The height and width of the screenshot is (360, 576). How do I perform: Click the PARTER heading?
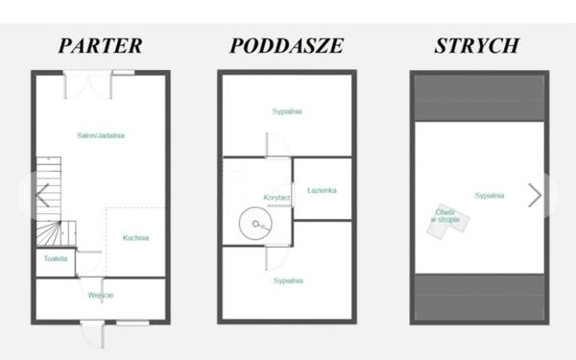pos(100,46)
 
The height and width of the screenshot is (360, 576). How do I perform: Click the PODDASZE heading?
pos(286,46)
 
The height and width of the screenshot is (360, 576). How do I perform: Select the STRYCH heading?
pos(477,46)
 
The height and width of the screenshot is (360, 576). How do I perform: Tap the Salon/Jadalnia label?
pos(101,135)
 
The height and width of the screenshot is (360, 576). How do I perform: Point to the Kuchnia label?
pos(135,238)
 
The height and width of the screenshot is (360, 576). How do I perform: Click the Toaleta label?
pos(56,258)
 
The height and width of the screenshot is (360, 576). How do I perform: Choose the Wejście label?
pos(101,295)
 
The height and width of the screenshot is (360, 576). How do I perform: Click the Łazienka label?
pos(322,190)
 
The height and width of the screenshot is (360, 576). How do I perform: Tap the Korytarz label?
pos(277,198)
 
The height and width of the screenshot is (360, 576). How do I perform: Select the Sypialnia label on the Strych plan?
pos(490,196)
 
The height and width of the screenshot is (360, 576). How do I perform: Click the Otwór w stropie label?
pos(445,216)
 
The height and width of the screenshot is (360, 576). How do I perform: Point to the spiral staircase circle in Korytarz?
pos(239,224)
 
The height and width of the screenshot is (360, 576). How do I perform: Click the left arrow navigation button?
pos(42,196)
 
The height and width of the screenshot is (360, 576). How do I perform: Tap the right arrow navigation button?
pos(535,196)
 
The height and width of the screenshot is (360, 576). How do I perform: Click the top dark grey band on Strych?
pos(479,98)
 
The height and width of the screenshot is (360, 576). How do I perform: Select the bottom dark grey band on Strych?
pos(479,297)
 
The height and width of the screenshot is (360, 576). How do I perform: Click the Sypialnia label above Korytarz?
pos(287,111)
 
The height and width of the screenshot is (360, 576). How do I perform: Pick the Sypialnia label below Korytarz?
pos(288,281)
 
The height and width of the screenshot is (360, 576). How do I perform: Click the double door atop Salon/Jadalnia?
pos(87,84)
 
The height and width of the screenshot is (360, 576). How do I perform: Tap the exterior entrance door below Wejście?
pos(93,334)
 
